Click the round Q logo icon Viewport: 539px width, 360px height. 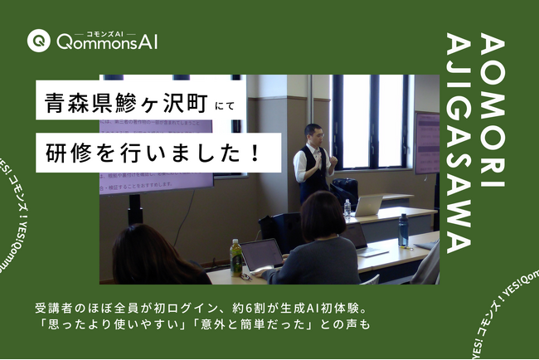coord(36,40)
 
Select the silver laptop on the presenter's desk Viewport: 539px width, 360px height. coord(367,205)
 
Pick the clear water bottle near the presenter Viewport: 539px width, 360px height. coord(347,207)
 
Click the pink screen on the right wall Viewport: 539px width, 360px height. coord(427,144)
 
